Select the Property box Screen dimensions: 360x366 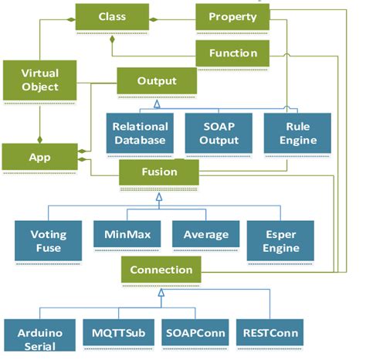click(x=232, y=16)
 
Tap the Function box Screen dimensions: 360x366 click(x=232, y=53)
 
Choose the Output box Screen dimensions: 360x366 click(x=157, y=81)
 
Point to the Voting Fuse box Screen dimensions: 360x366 click(x=43, y=240)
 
